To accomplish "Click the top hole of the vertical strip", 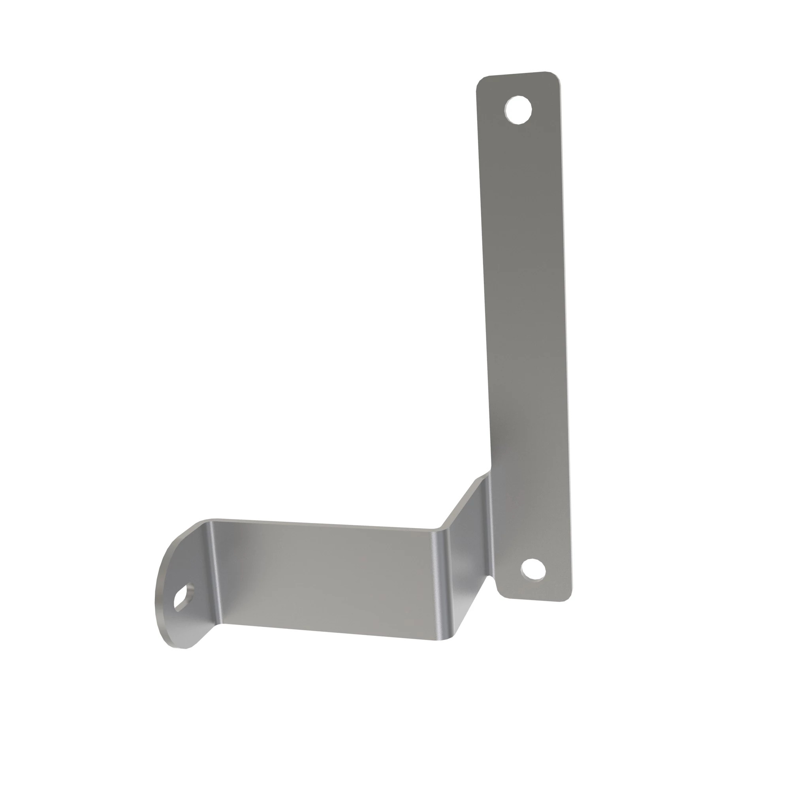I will (518, 109).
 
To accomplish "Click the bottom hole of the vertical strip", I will (533, 569).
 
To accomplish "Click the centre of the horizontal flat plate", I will (327, 577).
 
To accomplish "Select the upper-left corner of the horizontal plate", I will (213, 521).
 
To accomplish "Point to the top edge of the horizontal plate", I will (327, 524).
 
